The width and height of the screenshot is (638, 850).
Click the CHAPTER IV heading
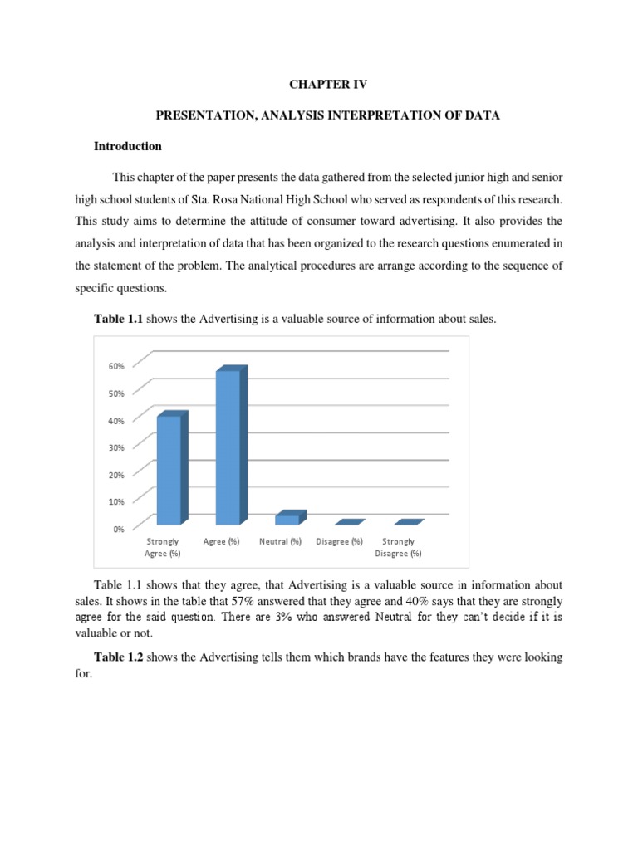coord(327,85)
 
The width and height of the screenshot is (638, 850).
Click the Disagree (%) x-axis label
coord(339,542)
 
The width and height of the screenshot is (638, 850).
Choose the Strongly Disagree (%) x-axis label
coord(398,548)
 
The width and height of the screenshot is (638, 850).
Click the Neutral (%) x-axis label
coord(280,542)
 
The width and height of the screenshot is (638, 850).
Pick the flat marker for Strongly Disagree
coord(408,522)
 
